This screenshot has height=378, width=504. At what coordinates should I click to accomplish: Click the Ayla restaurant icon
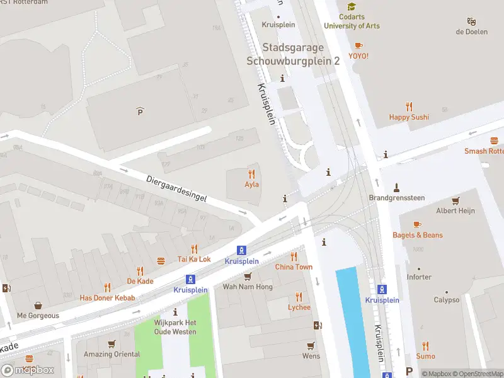pyautogui.click(x=252, y=174)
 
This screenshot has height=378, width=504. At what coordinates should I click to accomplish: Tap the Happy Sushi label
pyautogui.click(x=409, y=117)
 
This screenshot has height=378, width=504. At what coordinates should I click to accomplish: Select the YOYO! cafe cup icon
pyautogui.click(x=358, y=45)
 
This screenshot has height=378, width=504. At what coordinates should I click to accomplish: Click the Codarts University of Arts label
pyautogui.click(x=352, y=21)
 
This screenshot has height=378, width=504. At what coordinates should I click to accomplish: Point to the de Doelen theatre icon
pyautogui.click(x=471, y=21)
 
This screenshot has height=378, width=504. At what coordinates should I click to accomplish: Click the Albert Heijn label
pyautogui.click(x=455, y=210)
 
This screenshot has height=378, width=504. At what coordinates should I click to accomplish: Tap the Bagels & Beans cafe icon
pyautogui.click(x=417, y=224)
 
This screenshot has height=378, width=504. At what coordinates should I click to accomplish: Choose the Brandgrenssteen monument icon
pyautogui.click(x=396, y=187)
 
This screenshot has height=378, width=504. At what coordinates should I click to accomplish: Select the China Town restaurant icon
pyautogui.click(x=294, y=256)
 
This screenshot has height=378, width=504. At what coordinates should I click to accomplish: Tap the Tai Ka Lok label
pyautogui.click(x=193, y=259)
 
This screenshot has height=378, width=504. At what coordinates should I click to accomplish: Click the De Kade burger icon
pyautogui.click(x=161, y=261)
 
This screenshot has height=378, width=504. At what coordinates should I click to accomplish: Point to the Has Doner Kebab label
pyautogui.click(x=107, y=297)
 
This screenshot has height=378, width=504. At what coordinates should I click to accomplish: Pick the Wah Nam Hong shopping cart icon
pyautogui.click(x=248, y=277)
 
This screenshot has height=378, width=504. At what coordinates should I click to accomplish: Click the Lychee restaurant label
pyautogui.click(x=299, y=307)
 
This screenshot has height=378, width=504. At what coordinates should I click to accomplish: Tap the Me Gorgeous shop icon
pyautogui.click(x=38, y=306)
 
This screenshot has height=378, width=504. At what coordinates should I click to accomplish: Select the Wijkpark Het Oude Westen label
pyautogui.click(x=175, y=327)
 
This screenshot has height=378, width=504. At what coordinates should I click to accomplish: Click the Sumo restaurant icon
pyautogui.click(x=425, y=346)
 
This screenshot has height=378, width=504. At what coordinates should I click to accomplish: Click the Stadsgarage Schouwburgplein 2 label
pyautogui.click(x=293, y=54)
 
